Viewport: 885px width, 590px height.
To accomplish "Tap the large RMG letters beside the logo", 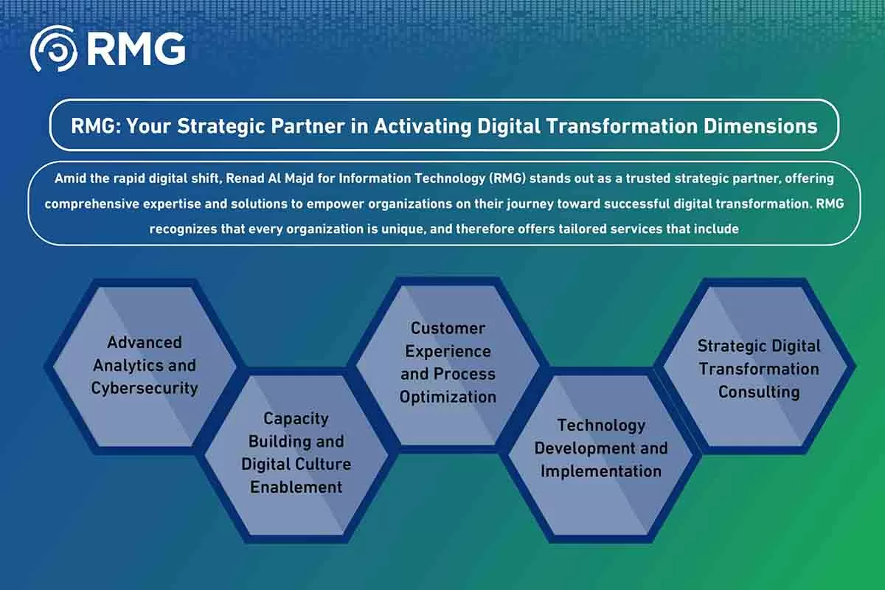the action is (136, 49).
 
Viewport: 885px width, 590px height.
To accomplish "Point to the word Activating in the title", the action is (423, 126).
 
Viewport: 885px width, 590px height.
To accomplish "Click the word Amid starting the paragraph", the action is (70, 178).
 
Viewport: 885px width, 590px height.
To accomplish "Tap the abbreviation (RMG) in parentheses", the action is (507, 178).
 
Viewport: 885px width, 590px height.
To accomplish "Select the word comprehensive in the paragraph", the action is (91, 204).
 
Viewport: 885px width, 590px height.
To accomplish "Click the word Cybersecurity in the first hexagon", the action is (145, 388).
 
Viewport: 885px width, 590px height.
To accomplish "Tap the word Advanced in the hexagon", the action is (145, 342).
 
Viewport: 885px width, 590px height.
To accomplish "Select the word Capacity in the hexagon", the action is (296, 419).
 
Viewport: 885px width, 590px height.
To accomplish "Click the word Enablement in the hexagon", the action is (296, 487).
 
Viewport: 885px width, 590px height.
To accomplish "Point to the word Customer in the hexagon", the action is (448, 328).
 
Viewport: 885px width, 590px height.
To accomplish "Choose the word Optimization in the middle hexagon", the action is (448, 397).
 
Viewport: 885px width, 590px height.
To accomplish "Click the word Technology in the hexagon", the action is (601, 426).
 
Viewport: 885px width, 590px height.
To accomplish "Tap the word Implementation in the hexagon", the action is (601, 471).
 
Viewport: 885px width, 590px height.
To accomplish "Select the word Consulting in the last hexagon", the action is (759, 392).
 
